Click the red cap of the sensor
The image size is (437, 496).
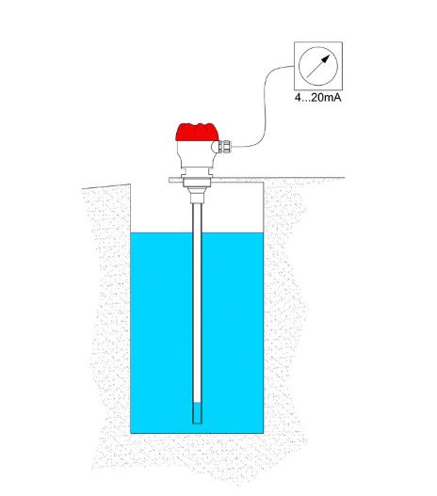click(197, 132)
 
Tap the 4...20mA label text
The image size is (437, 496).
click(318, 98)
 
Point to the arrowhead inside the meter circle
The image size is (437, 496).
click(326, 59)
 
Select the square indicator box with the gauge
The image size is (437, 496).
click(318, 66)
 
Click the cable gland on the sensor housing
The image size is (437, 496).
click(225, 147)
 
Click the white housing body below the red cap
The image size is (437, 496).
click(195, 154)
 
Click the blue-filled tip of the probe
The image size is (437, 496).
click(197, 413)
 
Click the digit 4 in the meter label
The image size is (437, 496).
click(298, 98)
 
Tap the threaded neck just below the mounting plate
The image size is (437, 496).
click(197, 195)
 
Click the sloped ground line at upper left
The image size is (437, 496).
click(106, 186)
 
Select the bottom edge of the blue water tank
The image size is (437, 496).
click(197, 433)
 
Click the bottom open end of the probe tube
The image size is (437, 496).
click(197, 424)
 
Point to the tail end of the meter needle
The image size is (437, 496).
click(307, 77)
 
